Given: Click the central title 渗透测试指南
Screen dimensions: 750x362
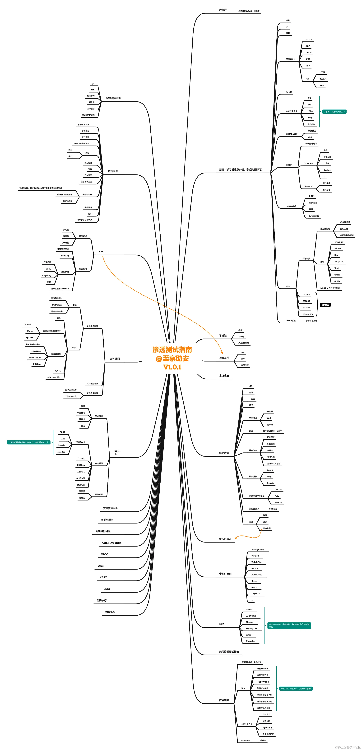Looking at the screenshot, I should (172, 349).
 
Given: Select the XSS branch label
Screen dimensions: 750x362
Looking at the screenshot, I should (101, 252).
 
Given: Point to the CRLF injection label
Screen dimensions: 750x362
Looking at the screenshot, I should (111, 543).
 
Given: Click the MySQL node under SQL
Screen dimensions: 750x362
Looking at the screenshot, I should (306, 258).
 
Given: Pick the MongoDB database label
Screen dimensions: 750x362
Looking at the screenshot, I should (308, 314).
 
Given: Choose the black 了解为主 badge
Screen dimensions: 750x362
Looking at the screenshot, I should (325, 305).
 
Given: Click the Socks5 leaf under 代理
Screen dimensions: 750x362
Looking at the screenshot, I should (323, 79).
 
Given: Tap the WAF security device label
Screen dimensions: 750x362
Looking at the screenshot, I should (310, 118).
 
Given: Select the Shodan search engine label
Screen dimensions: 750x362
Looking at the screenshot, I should (278, 503).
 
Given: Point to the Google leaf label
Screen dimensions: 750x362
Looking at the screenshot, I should (270, 483).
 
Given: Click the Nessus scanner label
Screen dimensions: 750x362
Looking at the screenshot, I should (250, 622).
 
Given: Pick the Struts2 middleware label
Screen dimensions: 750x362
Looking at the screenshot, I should (255, 556).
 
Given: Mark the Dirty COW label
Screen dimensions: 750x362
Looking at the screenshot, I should (257, 575).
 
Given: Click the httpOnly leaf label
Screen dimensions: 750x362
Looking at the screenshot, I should (46, 275).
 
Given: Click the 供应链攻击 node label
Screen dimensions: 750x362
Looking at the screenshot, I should (225, 539).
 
